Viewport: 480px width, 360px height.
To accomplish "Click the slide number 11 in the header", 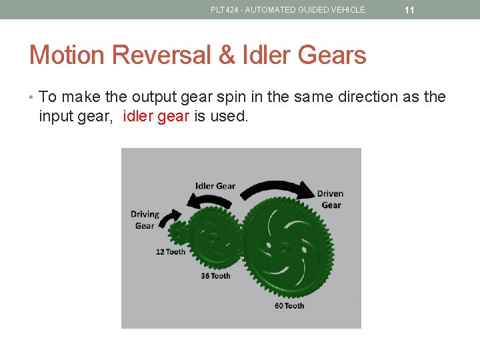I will point(409,10).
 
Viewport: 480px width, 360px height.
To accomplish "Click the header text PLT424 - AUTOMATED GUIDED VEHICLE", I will point(287,10).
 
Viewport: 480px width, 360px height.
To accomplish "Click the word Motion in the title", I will point(67,55).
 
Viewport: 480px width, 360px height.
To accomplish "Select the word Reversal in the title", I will point(161,55).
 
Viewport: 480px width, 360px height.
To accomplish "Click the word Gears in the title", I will point(335,55).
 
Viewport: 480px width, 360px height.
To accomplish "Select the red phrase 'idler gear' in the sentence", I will point(157,117).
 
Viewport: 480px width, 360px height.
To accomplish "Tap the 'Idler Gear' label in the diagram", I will point(215,185).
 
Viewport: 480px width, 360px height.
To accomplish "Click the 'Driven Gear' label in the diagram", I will point(330,199).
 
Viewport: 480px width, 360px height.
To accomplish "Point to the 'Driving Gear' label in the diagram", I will point(145,220).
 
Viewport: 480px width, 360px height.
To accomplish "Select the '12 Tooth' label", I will point(171,252).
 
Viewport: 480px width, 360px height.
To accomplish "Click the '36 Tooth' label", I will point(215,276).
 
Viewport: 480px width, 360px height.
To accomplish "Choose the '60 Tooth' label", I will point(289,306).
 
